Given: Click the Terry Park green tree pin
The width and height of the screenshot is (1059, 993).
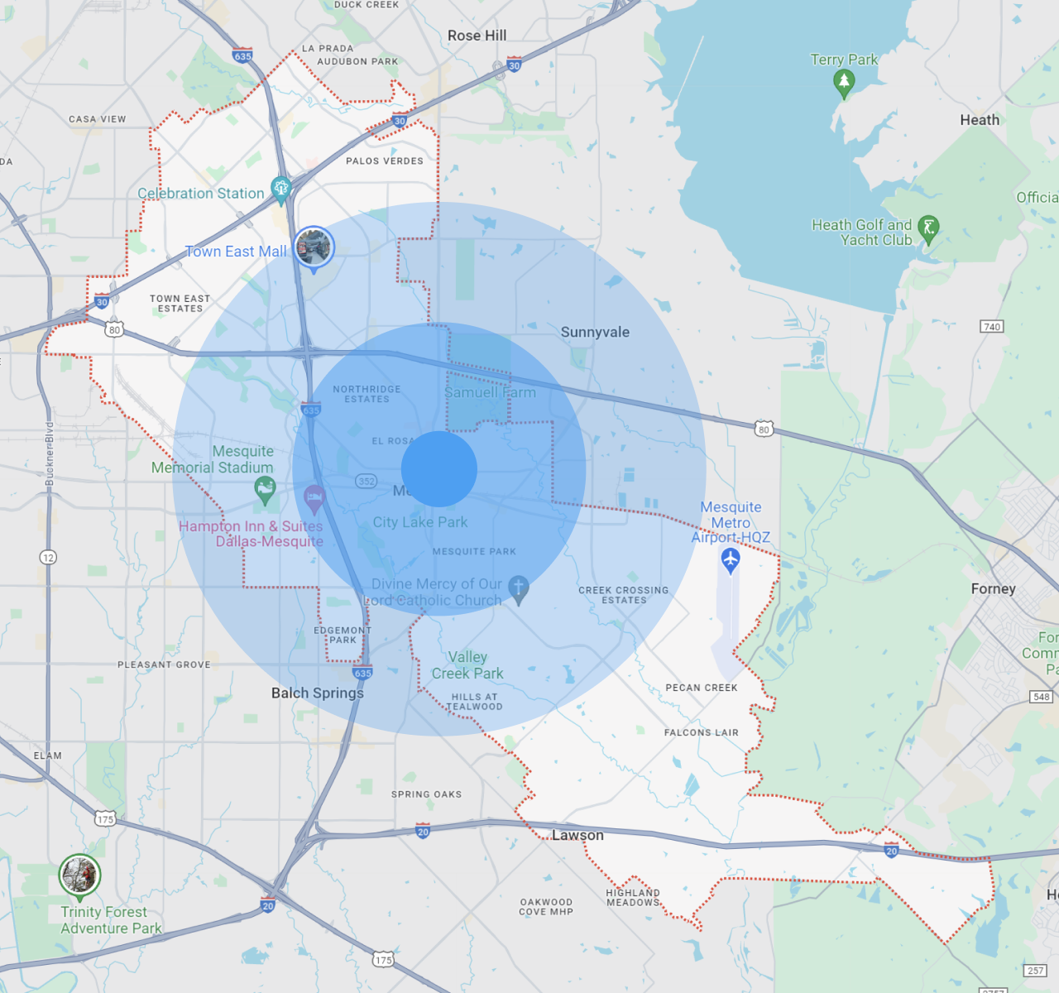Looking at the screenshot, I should pyautogui.click(x=843, y=82).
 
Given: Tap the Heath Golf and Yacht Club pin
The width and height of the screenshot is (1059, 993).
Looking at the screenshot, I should pyautogui.click(x=928, y=228).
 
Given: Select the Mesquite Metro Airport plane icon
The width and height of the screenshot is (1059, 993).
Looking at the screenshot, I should pyautogui.click(x=730, y=560).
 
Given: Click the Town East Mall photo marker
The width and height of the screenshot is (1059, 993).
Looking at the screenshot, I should pyautogui.click(x=314, y=247).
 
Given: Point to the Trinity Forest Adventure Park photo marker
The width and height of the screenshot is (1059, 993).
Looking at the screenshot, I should pyautogui.click(x=79, y=875).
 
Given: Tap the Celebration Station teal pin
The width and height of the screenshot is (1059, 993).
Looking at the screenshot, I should pyautogui.click(x=281, y=189).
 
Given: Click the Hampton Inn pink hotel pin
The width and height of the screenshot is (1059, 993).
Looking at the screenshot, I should pyautogui.click(x=314, y=498).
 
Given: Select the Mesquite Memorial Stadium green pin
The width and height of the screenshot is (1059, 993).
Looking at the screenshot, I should pyautogui.click(x=265, y=489).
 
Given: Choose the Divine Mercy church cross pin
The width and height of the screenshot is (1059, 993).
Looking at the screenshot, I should pyautogui.click(x=519, y=588).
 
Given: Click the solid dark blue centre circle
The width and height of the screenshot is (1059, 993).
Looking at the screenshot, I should pyautogui.click(x=439, y=468).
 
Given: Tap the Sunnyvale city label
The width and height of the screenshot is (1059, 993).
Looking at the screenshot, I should pyautogui.click(x=595, y=332).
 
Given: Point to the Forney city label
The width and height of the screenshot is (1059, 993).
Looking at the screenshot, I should pyautogui.click(x=993, y=588).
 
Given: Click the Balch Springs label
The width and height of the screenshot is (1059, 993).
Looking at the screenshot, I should pyautogui.click(x=318, y=693).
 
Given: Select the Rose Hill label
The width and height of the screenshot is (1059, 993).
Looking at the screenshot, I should pyautogui.click(x=477, y=36).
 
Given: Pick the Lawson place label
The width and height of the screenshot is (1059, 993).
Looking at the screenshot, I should pyautogui.click(x=577, y=835).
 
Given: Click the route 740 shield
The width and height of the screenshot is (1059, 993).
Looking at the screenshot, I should pyautogui.click(x=991, y=326).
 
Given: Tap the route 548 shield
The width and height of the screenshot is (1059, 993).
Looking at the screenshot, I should pyautogui.click(x=1041, y=696).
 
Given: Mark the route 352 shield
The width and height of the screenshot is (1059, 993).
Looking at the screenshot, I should pyautogui.click(x=366, y=481).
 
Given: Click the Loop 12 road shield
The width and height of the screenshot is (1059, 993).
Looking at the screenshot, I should pyautogui.click(x=48, y=557).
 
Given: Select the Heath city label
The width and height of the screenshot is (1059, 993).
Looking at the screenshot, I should pyautogui.click(x=980, y=120).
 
